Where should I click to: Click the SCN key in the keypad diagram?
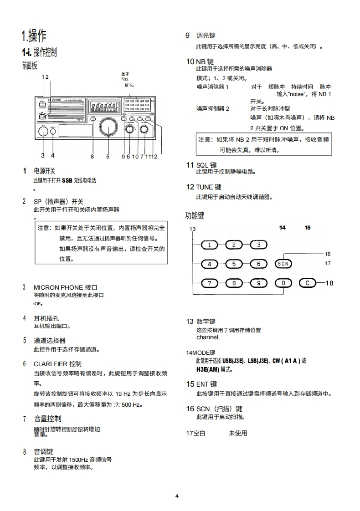pyautogui.click(x=283, y=264)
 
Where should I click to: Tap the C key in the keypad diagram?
pyautogui.click(x=308, y=283)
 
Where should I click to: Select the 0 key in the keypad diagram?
pyautogui.click(x=283, y=283)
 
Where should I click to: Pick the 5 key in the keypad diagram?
pyautogui.click(x=234, y=264)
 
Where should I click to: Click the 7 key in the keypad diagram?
pyautogui.click(x=209, y=283)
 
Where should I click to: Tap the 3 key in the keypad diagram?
pyautogui.click(x=259, y=245)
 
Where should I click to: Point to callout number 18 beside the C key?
pyautogui.click(x=329, y=283)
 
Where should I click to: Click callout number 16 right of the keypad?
pyautogui.click(x=328, y=254)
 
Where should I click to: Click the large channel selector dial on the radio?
pyautogui.click(x=108, y=127)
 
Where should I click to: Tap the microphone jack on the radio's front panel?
pyautogui.click(x=42, y=132)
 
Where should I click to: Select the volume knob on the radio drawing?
pyautogui.click(x=144, y=130)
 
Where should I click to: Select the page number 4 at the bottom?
pyautogui.click(x=177, y=496)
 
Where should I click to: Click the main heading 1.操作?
pyautogui.click(x=34, y=35)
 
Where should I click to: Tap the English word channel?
pyautogui.click(x=208, y=337)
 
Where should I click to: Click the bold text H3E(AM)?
pyautogui.click(x=207, y=369)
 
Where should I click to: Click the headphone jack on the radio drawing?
pyautogui.click(x=53, y=132)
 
